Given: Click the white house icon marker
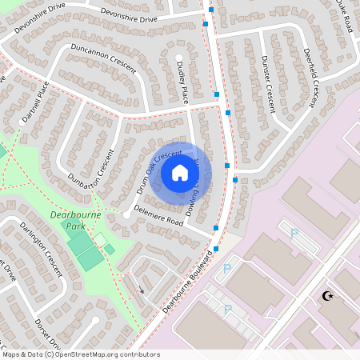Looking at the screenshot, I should coord(180,172).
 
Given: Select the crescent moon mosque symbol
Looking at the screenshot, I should coord(326,296).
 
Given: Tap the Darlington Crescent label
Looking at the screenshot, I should coord(41,249).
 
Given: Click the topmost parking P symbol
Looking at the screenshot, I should coord(294,233).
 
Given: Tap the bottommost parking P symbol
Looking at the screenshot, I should coord(227,309).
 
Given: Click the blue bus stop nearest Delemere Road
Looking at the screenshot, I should coord(218,229).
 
